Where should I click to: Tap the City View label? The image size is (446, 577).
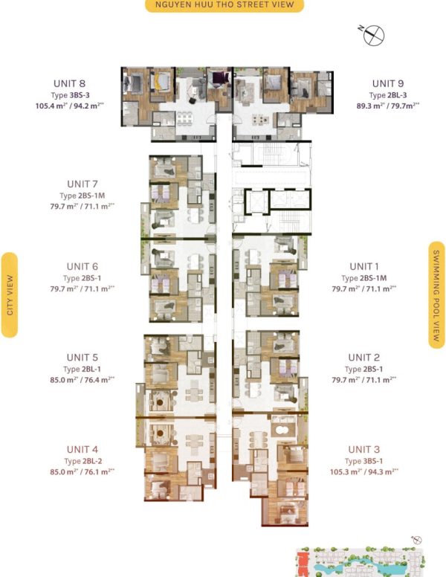pos(10,294)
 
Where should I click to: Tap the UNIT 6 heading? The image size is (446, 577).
pos(82,266)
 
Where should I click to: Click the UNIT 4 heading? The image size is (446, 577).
pos(82,448)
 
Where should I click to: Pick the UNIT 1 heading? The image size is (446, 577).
pos(363,266)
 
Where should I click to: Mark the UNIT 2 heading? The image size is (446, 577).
pos(363,358)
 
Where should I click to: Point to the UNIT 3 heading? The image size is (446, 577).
pos(363,449)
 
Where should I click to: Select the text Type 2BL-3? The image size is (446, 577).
pos(387,95)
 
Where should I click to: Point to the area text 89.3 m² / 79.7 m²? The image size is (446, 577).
pos(387,106)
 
